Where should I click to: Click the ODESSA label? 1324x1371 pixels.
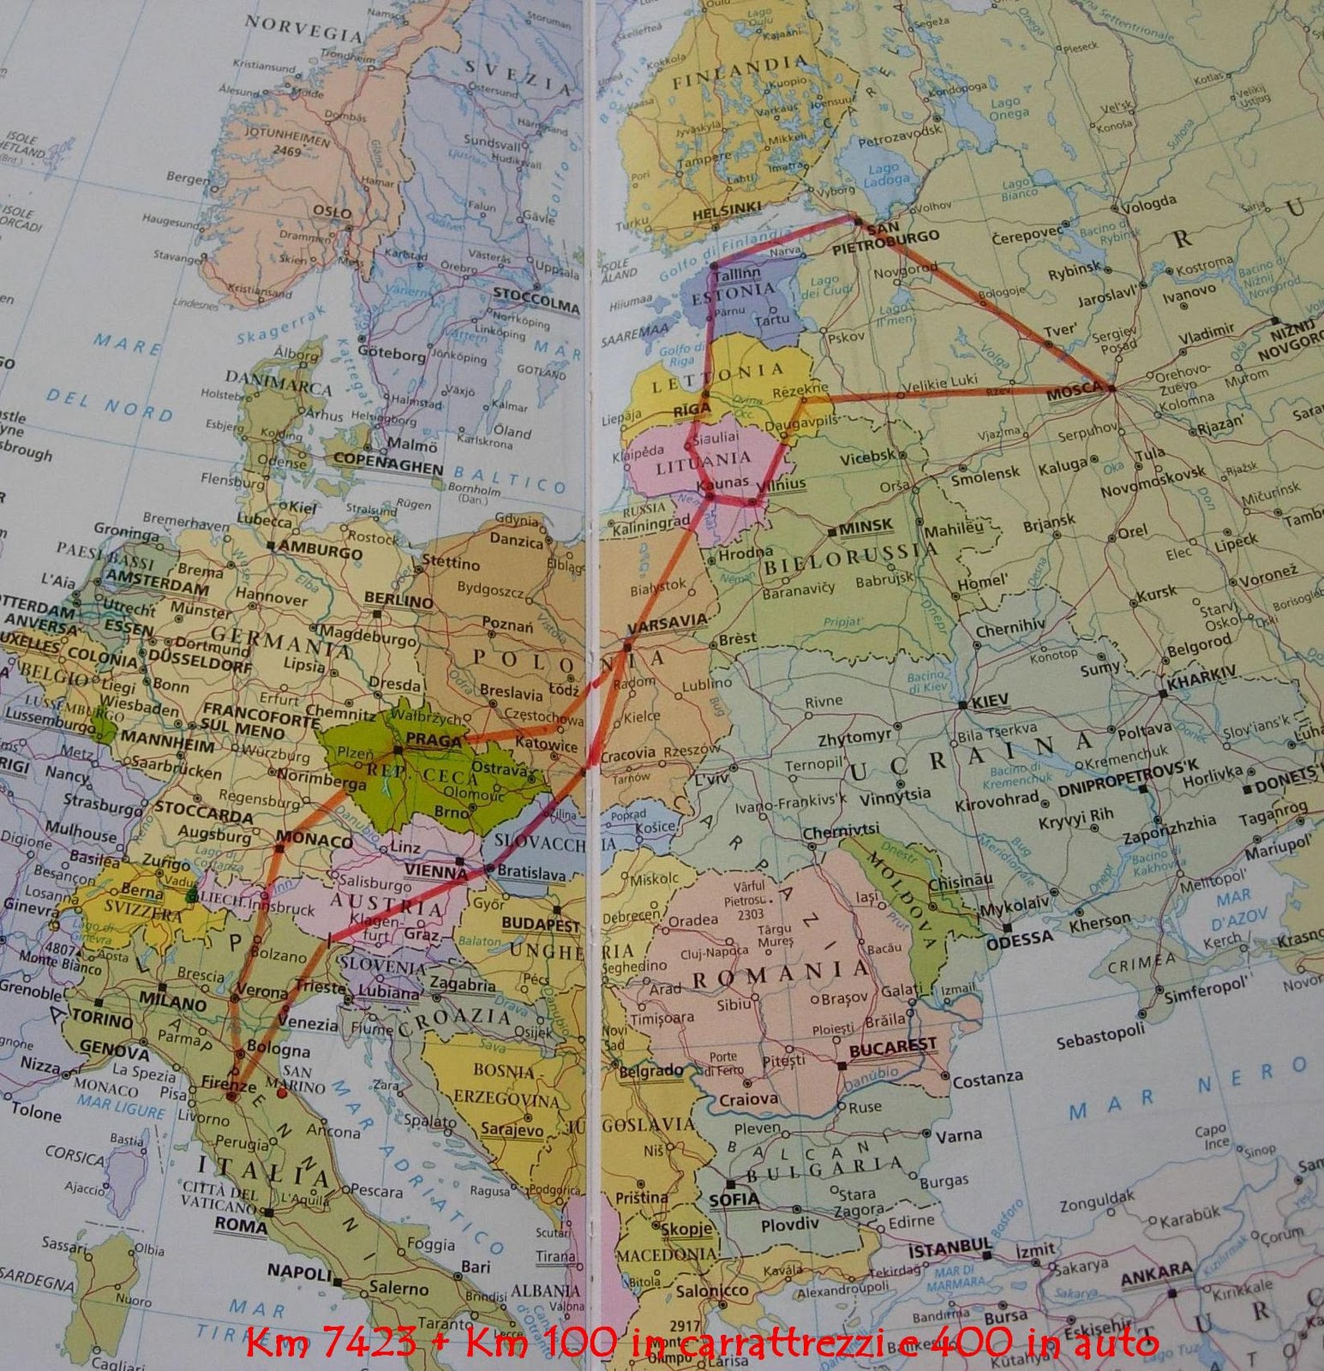[1019, 939]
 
